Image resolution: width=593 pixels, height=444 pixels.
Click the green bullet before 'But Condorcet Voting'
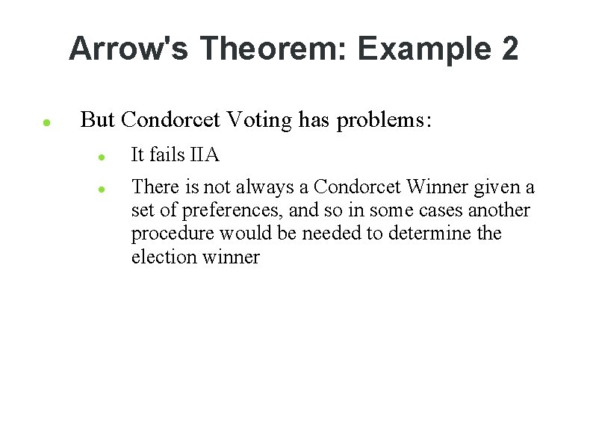click(x=46, y=122)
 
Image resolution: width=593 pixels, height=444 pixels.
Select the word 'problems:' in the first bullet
click(x=384, y=119)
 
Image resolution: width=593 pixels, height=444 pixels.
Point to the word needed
click(x=332, y=234)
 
